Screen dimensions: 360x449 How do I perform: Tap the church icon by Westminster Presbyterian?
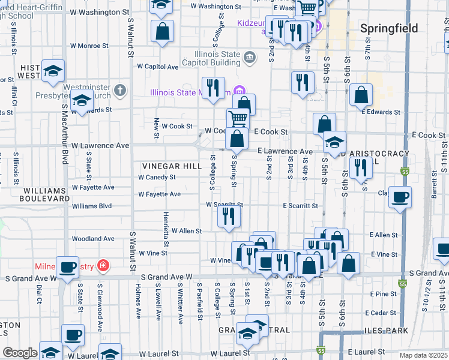coord(120,91)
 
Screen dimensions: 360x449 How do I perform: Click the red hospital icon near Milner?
coord(103,265)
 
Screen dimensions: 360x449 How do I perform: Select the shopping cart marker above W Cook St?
coord(238,119)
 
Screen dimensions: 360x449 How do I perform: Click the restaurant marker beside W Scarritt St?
coord(228,216)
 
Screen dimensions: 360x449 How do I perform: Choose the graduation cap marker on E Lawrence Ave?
coord(334,142)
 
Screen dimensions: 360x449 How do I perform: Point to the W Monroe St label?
coord(89,45)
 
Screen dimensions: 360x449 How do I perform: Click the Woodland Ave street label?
coord(93,239)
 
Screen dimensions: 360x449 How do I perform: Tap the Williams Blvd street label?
coord(92,206)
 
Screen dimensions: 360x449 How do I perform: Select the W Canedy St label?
coord(157,178)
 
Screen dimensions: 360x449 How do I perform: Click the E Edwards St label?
coord(381,112)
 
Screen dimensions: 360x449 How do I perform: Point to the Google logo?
coord(19,353)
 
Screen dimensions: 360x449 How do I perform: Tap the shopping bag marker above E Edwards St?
coord(361,95)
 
